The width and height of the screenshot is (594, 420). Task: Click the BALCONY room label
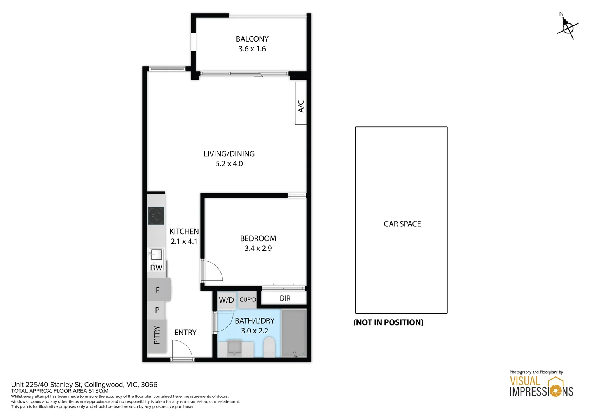point(252,39)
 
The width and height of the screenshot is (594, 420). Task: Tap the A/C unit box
point(301,103)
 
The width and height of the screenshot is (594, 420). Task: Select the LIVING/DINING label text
point(229,154)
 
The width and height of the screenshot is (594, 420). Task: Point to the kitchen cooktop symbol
point(156,216)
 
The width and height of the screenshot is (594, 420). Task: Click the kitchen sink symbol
point(156,255)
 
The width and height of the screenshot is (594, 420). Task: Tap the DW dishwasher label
point(156,268)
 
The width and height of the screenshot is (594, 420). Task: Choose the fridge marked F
point(159,290)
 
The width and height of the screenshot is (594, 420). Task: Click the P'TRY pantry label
point(157,335)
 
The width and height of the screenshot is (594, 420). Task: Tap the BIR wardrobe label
point(285,298)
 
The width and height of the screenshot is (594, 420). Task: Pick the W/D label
point(226,300)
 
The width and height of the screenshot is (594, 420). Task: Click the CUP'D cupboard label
point(248,299)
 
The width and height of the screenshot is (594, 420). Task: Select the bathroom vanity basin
point(234,348)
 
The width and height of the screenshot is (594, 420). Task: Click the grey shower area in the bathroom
point(294,333)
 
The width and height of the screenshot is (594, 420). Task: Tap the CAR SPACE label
point(402,224)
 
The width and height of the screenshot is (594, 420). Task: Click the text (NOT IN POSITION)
point(388,322)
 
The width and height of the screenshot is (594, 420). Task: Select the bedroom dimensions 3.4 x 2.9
point(258,248)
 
